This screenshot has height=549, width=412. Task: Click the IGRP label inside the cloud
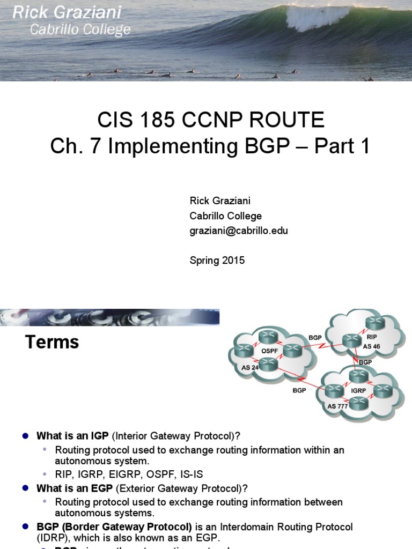(358, 390)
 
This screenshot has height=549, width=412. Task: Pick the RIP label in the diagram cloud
(372, 337)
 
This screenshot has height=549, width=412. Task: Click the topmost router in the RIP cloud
(374, 323)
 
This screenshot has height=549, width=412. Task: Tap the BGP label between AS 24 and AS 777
(299, 390)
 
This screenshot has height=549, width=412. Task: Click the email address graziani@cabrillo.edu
(239, 231)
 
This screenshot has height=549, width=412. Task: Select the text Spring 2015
(217, 261)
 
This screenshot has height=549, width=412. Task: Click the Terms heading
(52, 342)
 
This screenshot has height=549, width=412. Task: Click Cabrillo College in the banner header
(80, 30)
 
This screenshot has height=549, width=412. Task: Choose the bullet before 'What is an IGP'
(25, 435)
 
